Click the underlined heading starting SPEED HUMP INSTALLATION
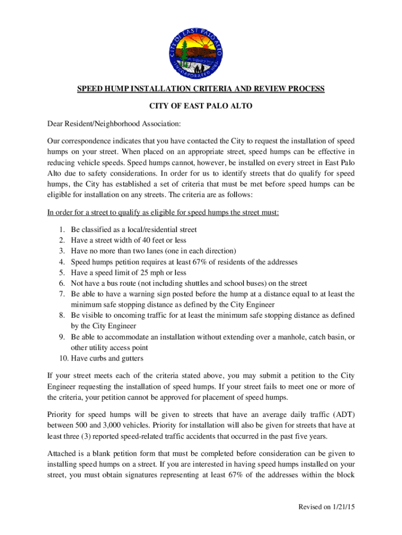tap(201, 89)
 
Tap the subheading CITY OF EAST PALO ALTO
tap(201, 107)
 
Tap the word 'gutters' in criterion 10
tap(132, 358)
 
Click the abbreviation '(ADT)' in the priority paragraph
tap(342, 416)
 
